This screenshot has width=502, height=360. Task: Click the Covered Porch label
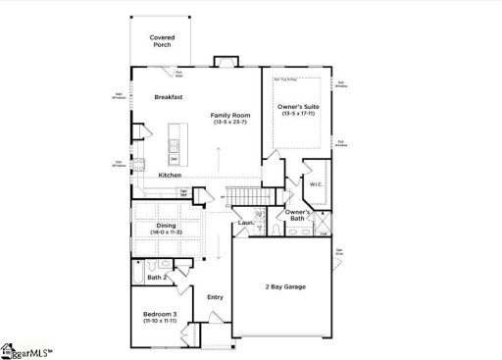tap(163, 41)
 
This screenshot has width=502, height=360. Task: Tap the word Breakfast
tap(172, 97)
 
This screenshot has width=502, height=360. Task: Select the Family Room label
tap(228, 116)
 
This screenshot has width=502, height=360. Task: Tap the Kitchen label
tap(170, 176)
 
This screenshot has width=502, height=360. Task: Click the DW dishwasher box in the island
tap(174, 158)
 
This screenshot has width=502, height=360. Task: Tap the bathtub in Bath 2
tap(139, 269)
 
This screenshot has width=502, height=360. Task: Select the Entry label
tap(215, 296)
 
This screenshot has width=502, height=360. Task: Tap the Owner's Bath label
tap(298, 215)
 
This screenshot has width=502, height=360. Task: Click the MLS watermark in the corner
tap(25, 350)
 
